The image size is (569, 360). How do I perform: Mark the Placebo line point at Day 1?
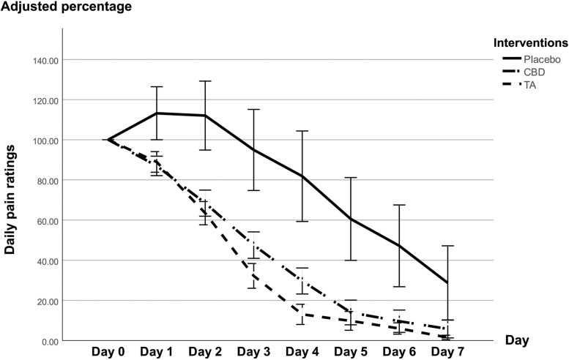pos(157,113)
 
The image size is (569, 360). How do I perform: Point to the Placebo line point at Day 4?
pos(302,176)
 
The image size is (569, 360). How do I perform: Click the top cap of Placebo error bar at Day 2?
pos(205,81)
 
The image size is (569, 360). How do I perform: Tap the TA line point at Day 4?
pos(302,314)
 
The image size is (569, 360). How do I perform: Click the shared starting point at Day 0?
pos(108,140)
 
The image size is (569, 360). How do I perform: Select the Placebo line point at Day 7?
pos(446,282)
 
